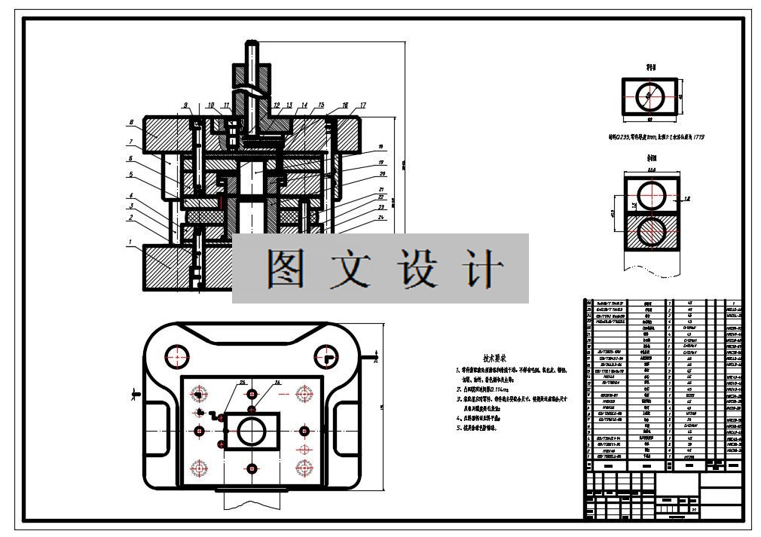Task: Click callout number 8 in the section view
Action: click(x=131, y=122)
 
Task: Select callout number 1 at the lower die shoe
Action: click(x=130, y=243)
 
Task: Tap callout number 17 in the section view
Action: click(x=362, y=105)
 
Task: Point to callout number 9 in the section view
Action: click(x=185, y=105)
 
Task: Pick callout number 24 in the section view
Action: click(x=382, y=218)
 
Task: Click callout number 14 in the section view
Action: click(x=304, y=105)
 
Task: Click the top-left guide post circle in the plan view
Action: click(x=179, y=355)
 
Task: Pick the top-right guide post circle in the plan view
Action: click(x=326, y=355)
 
